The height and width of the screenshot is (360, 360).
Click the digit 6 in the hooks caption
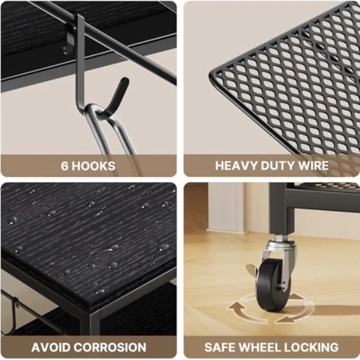(x=64, y=166)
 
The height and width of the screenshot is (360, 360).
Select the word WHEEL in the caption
(x=260, y=347)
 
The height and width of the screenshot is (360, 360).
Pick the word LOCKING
(x=311, y=347)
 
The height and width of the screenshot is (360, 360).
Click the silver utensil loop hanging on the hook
(x=108, y=128)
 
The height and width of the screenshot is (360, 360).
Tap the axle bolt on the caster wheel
(x=283, y=287)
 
